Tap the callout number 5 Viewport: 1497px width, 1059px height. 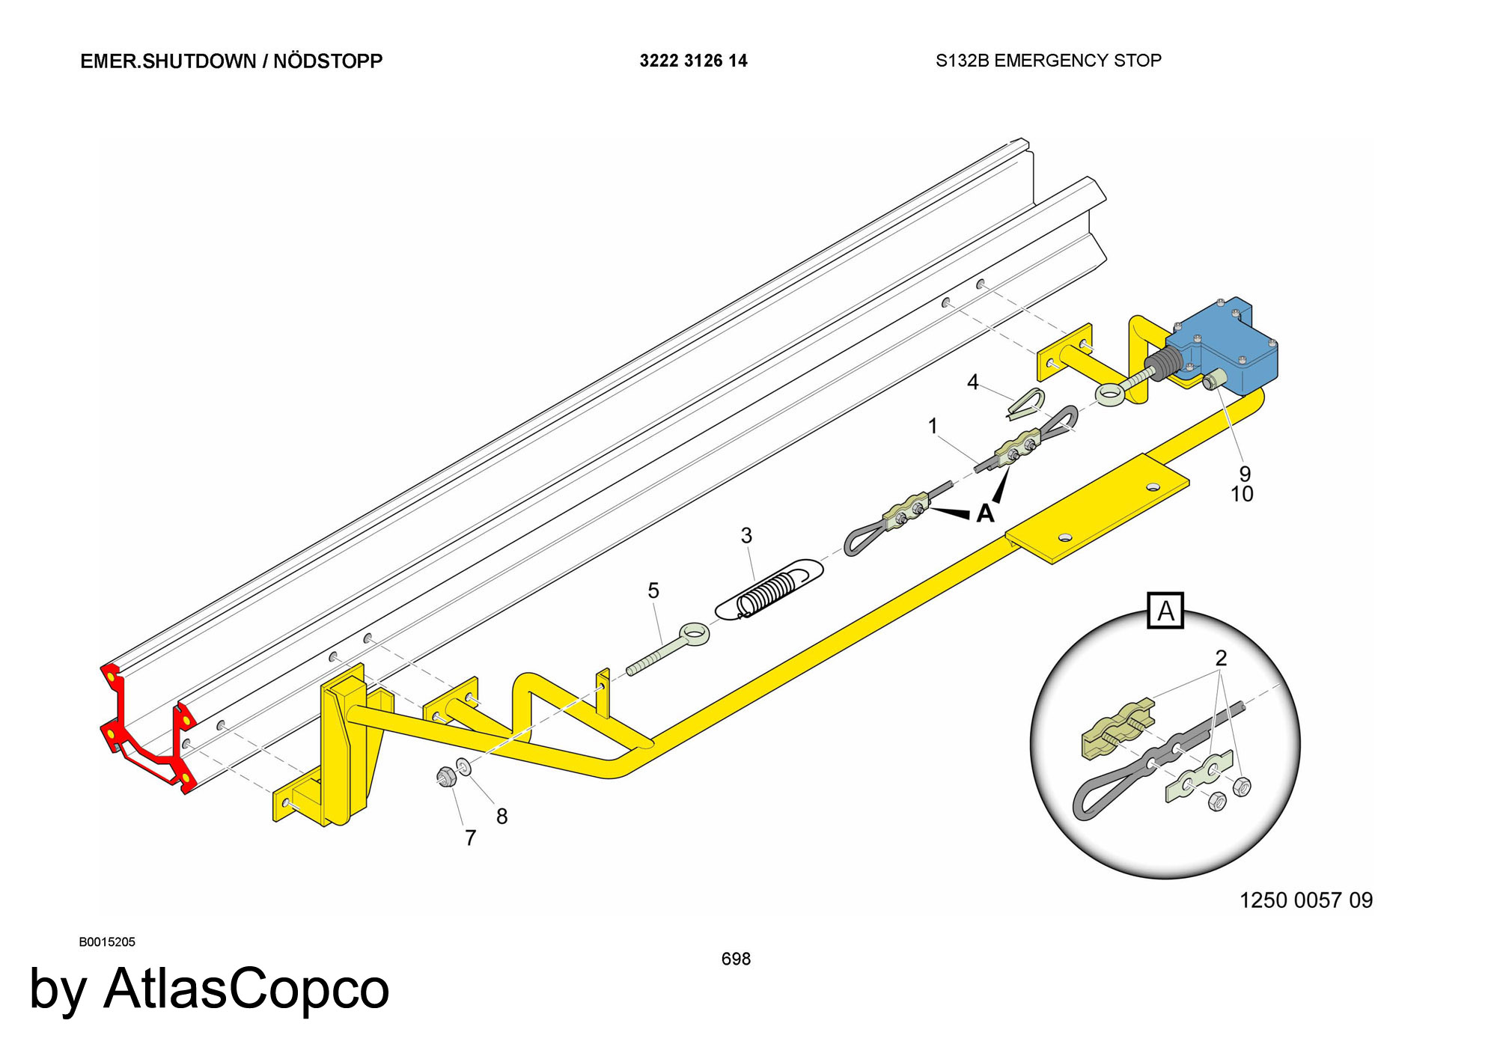(653, 591)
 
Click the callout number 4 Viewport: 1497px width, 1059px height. (972, 382)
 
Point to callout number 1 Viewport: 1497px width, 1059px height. (933, 426)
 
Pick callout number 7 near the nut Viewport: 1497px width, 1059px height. (470, 837)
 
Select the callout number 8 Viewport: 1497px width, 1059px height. (501, 817)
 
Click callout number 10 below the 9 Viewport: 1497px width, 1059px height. (1242, 494)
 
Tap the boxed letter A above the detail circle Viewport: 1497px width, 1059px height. (1165, 611)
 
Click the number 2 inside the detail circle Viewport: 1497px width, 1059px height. (1221, 658)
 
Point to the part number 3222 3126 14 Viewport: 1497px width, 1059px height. (693, 61)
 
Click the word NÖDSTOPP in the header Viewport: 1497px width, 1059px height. (328, 61)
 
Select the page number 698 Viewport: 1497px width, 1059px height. (736, 959)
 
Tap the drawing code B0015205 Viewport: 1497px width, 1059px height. (107, 941)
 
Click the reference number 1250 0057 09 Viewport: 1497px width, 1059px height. (1306, 900)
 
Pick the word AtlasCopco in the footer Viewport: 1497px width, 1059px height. (246, 988)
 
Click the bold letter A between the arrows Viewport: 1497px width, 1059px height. (985, 513)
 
